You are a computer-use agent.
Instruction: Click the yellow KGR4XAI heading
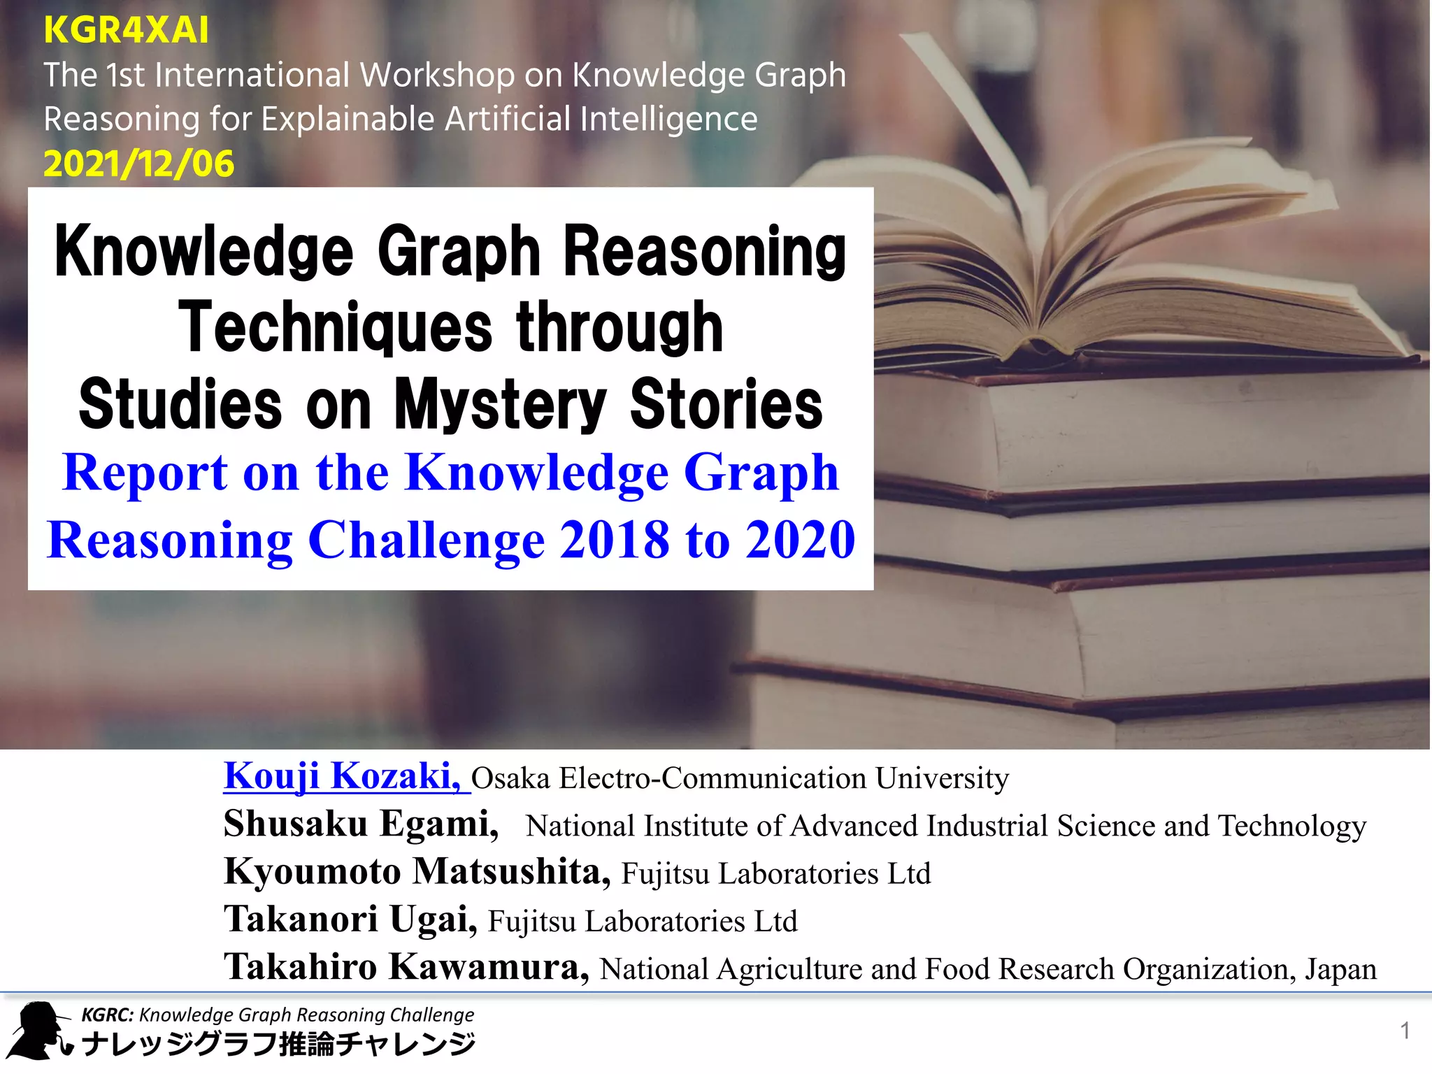[126, 30]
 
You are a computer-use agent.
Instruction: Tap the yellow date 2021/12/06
[138, 164]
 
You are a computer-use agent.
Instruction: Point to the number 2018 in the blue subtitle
[614, 540]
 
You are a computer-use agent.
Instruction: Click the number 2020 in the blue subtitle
[800, 540]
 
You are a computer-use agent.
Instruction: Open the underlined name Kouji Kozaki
[342, 776]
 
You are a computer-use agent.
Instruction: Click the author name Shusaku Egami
[361, 824]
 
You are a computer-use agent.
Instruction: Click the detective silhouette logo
[38, 1031]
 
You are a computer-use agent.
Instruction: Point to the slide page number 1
[1405, 1031]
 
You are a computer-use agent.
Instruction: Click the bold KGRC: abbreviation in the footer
[108, 1015]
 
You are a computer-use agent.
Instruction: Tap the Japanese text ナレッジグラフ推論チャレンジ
[278, 1045]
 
